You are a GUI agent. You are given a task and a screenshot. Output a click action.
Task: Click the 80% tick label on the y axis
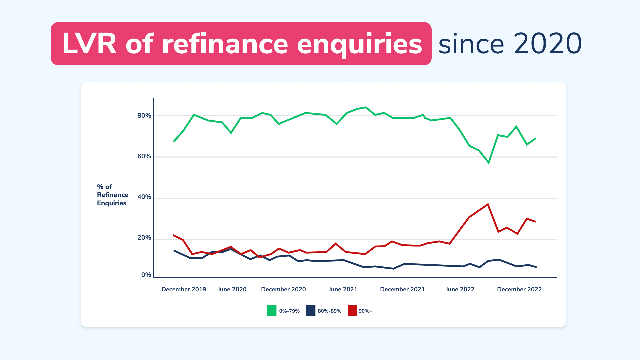coord(144,116)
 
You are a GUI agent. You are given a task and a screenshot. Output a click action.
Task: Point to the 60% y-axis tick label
coord(144,156)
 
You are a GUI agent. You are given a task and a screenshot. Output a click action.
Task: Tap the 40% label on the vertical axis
coord(144,197)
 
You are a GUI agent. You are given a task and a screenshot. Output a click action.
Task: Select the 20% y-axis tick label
coord(144,238)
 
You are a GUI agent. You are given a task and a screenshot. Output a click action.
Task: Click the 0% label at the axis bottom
coord(146,275)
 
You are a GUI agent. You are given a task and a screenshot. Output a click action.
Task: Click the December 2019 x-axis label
coord(184,289)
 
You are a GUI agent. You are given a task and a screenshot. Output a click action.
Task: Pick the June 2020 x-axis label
coord(232,289)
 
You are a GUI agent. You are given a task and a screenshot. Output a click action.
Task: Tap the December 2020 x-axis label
coord(283,289)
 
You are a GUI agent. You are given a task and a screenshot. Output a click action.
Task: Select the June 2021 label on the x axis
coord(343,289)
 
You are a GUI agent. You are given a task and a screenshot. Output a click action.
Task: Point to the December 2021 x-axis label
coord(402,289)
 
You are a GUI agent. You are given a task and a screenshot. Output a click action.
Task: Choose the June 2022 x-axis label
coord(460,289)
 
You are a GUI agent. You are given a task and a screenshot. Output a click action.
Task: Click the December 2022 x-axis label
coord(519,289)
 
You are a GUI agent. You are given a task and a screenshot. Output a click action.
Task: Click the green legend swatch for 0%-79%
coord(272,311)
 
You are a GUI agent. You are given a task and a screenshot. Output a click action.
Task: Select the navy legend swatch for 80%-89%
coord(311,311)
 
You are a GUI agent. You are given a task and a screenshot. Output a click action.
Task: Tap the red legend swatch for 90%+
coord(352,311)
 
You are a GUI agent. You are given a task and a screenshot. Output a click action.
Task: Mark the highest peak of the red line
coord(488,204)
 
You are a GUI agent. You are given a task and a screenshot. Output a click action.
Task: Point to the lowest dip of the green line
coord(489,163)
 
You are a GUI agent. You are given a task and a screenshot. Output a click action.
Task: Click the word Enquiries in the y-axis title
coord(112,203)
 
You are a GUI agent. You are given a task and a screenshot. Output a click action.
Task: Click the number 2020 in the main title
coord(548,44)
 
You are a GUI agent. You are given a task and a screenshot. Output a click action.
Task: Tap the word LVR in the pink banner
coord(89,44)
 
